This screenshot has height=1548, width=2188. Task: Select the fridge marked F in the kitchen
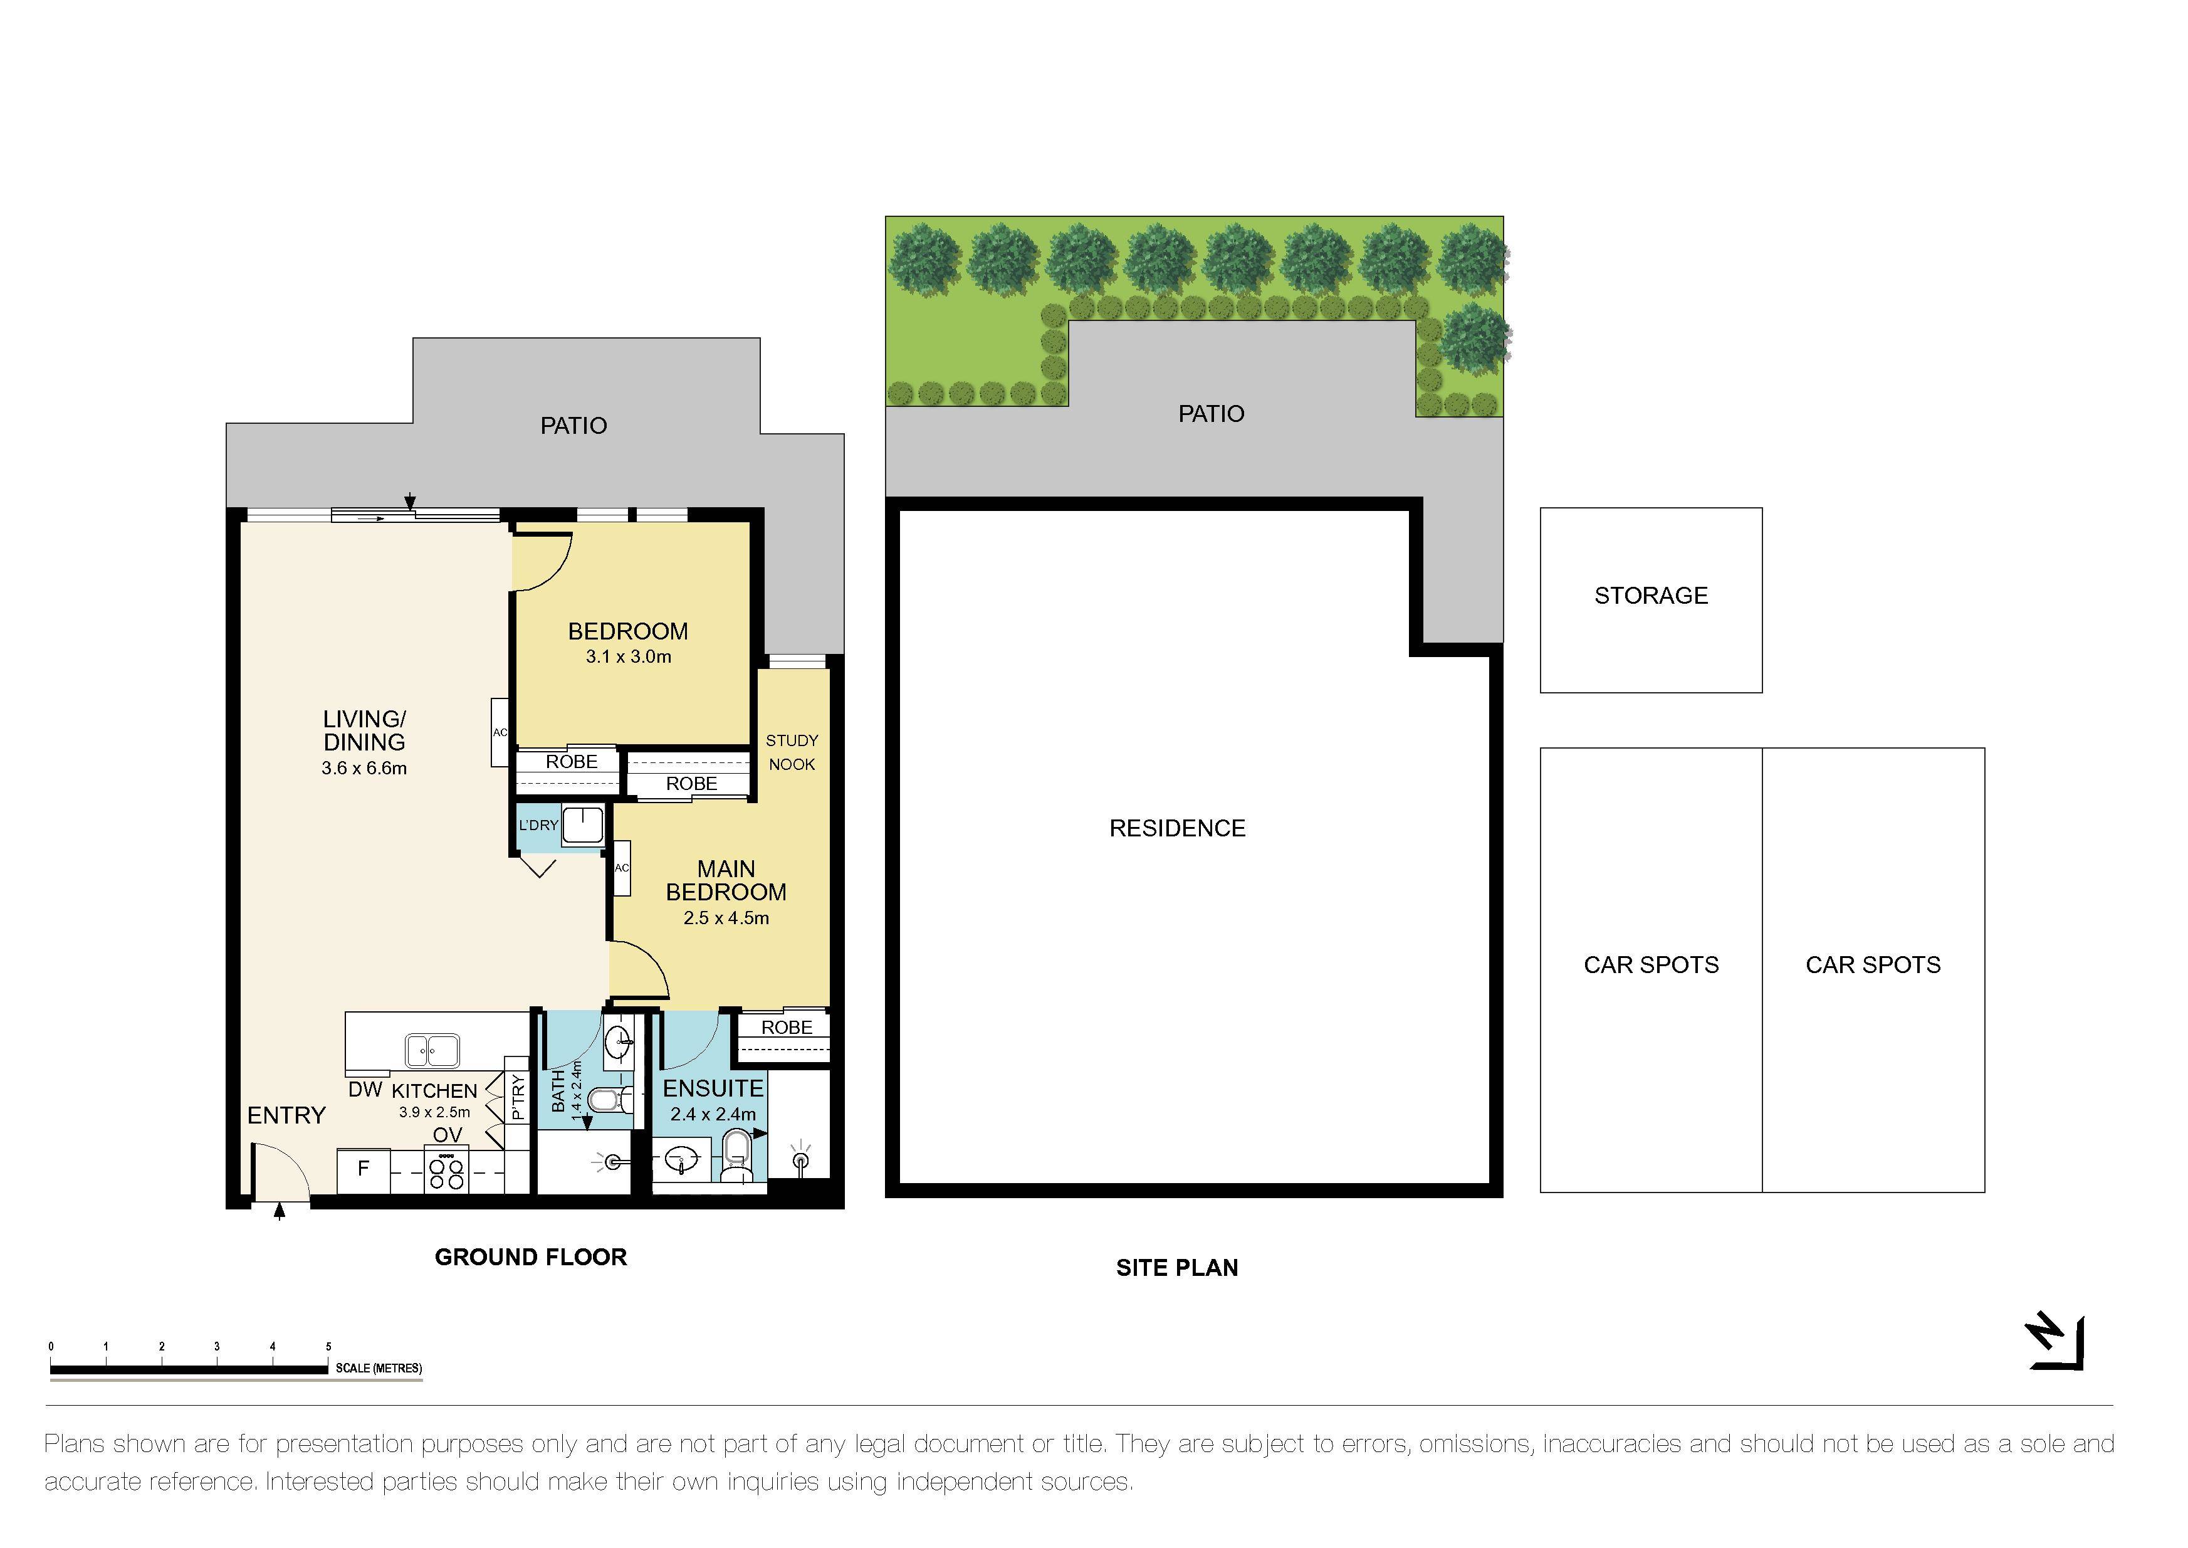coord(363,1169)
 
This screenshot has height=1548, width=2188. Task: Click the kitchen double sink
coord(432,1050)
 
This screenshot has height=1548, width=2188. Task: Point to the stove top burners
coord(447,1171)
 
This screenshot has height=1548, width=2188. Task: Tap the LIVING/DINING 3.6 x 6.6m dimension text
coord(364,768)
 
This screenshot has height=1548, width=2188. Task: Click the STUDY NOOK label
coord(792,752)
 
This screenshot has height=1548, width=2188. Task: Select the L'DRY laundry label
coord(538,826)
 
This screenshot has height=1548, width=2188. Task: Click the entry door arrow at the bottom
coord(279,1211)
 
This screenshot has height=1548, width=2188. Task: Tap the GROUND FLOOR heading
coord(531,1257)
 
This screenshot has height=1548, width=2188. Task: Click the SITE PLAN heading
coord(1177,1268)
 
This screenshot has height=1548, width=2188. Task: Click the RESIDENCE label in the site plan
coord(1177,828)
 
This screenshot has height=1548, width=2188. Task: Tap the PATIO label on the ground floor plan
coord(573,426)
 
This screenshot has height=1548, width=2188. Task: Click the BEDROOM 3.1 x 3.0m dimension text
coord(628,657)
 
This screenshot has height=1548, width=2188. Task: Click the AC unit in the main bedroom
coord(621,867)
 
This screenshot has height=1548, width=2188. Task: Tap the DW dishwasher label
coord(365,1090)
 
